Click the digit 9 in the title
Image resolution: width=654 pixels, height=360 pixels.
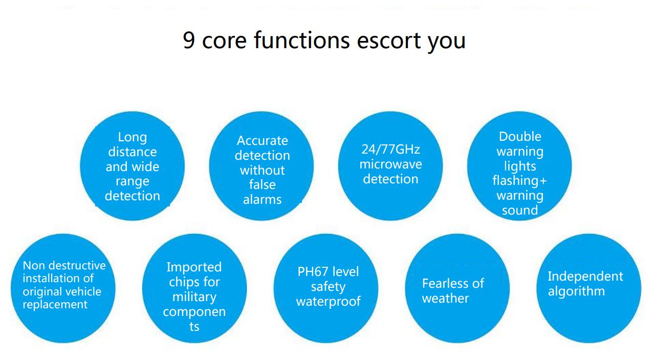[x=189, y=40]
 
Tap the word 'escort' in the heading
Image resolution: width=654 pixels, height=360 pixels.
[x=389, y=40]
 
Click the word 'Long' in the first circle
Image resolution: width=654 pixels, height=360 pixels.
[x=132, y=138]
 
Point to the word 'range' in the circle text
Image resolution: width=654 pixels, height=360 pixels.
[x=133, y=182]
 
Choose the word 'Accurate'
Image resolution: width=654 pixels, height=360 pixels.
[x=263, y=140]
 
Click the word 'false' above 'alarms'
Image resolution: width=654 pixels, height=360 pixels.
[x=262, y=185]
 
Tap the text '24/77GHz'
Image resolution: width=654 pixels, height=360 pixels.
[x=390, y=150]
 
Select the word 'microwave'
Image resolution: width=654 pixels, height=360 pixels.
[x=390, y=164]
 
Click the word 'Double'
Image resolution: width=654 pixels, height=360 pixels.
[x=520, y=136]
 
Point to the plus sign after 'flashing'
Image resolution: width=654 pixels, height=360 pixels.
[x=543, y=181]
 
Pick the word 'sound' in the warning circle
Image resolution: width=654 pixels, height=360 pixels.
[x=520, y=210]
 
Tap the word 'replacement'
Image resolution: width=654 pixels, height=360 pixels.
[x=55, y=305]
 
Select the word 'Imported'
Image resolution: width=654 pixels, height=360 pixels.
[x=194, y=267]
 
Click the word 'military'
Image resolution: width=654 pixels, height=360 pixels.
[x=194, y=298]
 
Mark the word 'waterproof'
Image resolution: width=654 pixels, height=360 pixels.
[x=329, y=302]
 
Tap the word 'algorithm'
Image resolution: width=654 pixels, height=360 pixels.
[x=576, y=291]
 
